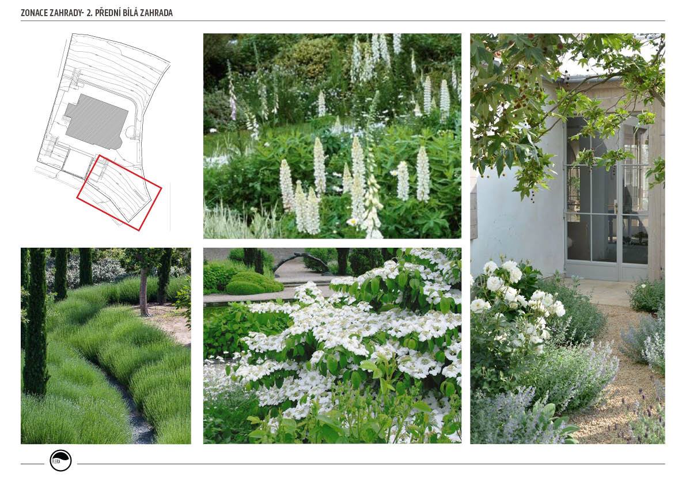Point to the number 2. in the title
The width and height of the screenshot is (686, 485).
90,13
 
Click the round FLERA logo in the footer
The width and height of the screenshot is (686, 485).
60,460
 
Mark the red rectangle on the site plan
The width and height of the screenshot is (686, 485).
119,192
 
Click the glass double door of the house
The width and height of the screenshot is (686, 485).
606,199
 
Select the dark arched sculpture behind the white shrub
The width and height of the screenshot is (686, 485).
312,260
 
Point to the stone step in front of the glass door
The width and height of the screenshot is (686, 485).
601,291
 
